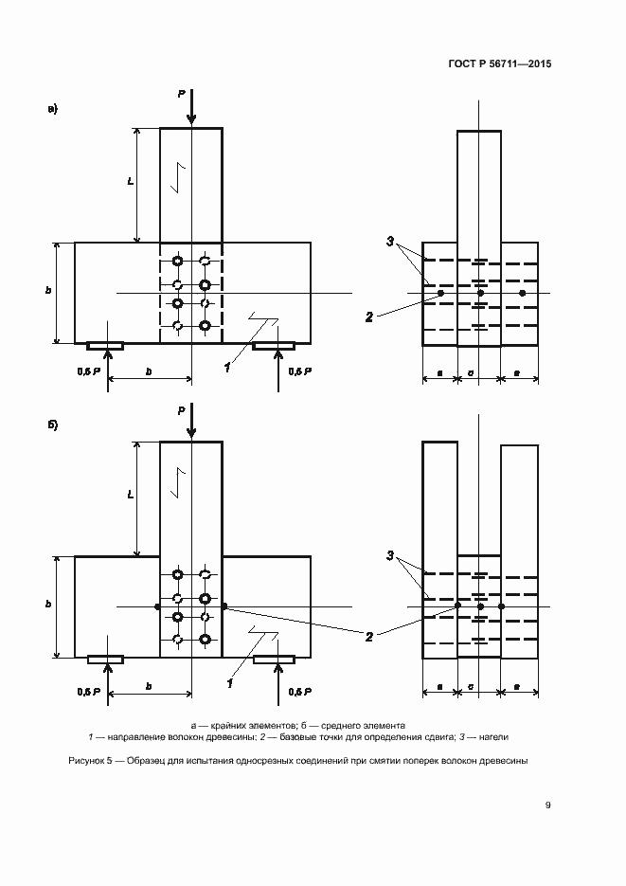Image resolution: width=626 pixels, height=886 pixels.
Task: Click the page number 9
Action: (x=547, y=805)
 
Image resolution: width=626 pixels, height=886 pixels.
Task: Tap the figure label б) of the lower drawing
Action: (x=53, y=424)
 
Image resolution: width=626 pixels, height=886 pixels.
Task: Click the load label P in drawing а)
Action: (x=181, y=93)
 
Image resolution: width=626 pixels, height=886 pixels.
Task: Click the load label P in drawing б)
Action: (x=181, y=409)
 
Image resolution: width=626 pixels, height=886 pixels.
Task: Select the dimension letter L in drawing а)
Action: (x=129, y=180)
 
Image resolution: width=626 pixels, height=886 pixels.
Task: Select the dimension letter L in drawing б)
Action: (x=129, y=495)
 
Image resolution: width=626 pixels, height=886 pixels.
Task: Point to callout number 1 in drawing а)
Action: (x=227, y=367)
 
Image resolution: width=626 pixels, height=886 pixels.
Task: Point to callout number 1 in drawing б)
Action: (x=227, y=680)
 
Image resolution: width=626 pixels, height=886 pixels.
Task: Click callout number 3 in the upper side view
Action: (x=389, y=242)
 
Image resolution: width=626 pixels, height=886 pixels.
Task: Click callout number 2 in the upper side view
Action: (x=369, y=317)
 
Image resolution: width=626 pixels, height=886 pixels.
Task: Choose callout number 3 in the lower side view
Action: (x=389, y=554)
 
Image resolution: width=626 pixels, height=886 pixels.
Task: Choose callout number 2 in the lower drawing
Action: (x=369, y=637)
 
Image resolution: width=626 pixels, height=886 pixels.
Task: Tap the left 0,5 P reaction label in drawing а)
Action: (x=89, y=372)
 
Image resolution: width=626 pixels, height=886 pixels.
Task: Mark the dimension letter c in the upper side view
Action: (x=472, y=373)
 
